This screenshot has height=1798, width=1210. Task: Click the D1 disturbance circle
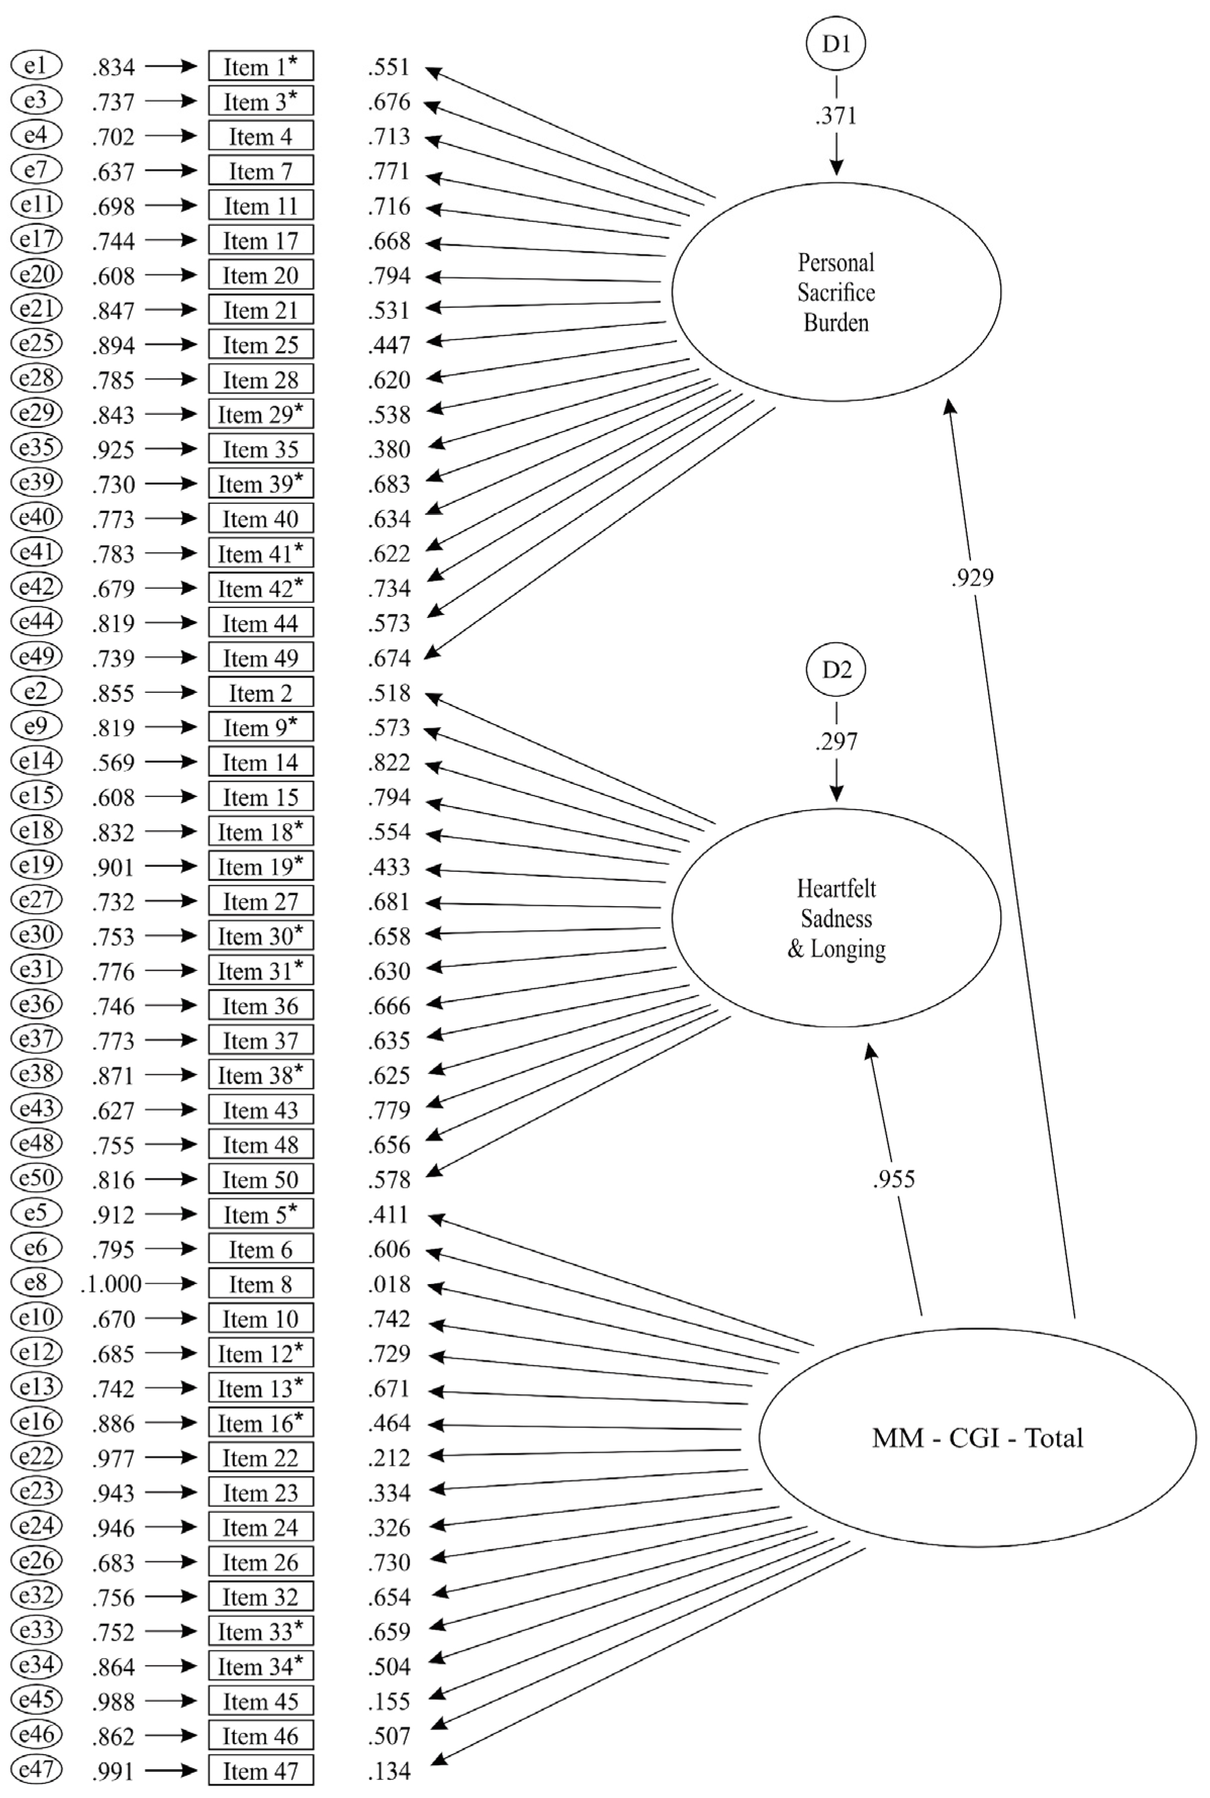(x=836, y=44)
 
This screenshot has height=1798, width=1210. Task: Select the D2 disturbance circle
(x=836, y=670)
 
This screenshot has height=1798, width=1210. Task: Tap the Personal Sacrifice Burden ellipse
(x=836, y=292)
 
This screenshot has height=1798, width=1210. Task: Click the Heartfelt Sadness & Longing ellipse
(x=836, y=918)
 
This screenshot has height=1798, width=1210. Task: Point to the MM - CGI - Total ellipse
(x=977, y=1438)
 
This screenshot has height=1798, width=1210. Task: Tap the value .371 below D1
(x=836, y=116)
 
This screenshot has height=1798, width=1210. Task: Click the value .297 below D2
(x=836, y=741)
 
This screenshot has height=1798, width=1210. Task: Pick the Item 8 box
(x=261, y=1284)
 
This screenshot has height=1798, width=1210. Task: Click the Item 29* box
(x=261, y=414)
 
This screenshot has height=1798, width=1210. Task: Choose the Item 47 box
(x=261, y=1771)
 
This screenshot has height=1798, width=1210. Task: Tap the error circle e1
(x=36, y=66)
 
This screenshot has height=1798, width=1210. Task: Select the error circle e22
(x=36, y=1457)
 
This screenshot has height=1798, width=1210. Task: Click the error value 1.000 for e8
(x=111, y=1284)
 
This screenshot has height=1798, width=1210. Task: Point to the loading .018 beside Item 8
(x=389, y=1284)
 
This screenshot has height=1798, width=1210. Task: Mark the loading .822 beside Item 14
(x=389, y=762)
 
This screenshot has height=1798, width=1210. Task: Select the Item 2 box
(x=261, y=693)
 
